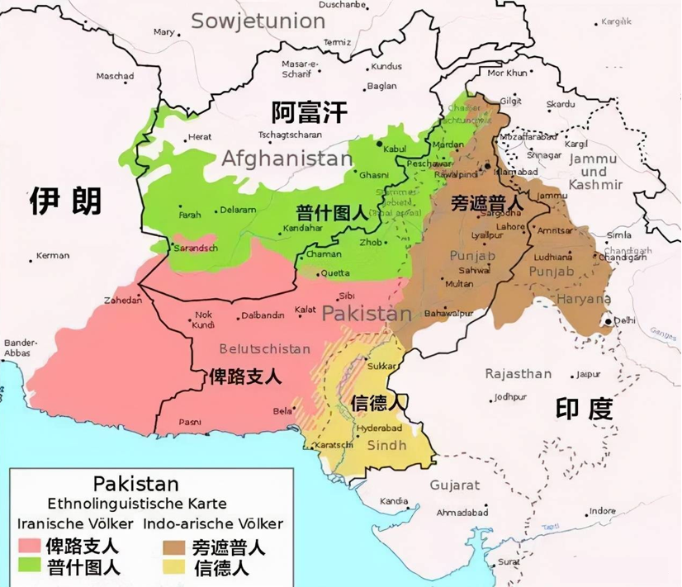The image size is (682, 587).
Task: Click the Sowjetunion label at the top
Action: click(246, 20)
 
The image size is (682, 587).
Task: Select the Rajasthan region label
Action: click(518, 373)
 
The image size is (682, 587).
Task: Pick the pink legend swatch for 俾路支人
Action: click(30, 547)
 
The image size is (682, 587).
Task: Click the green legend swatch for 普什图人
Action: click(30, 567)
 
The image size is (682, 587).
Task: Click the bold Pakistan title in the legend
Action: click(135, 483)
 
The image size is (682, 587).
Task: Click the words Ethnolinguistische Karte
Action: click(136, 503)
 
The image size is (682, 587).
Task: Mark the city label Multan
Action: click(459, 283)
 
